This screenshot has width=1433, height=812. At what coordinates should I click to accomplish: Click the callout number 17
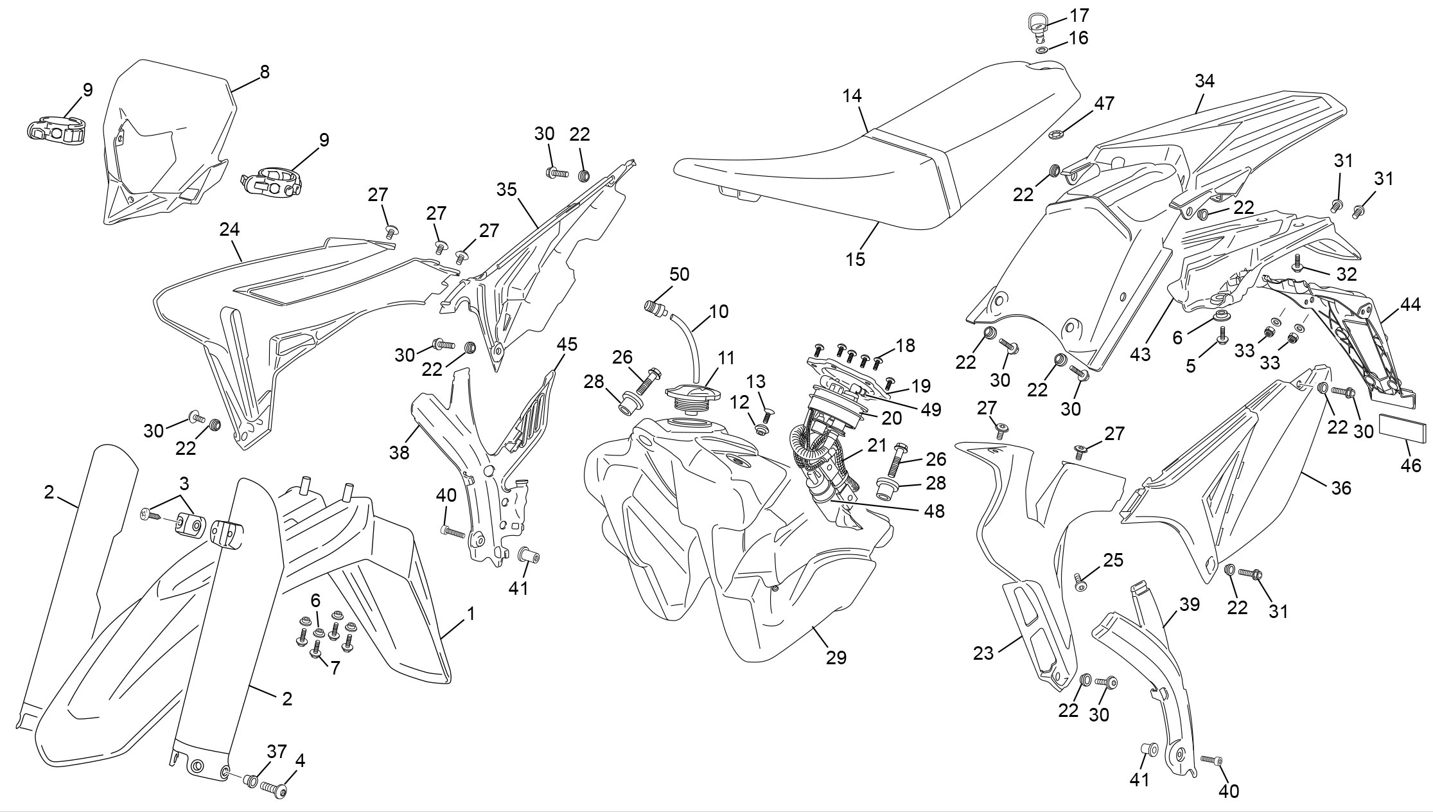tap(1080, 15)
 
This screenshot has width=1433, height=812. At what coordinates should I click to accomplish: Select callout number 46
tap(1411, 464)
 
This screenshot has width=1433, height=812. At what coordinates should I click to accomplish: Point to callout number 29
tap(837, 657)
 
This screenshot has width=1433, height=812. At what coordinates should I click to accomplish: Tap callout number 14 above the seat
tap(853, 96)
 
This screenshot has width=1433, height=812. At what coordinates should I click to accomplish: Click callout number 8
tap(265, 72)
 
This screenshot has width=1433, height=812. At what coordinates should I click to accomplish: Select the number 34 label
tap(1205, 81)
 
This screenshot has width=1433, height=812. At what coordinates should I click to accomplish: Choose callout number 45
tap(567, 344)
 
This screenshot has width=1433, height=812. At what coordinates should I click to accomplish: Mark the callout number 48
tap(935, 511)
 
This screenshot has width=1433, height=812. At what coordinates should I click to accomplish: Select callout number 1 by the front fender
tap(471, 613)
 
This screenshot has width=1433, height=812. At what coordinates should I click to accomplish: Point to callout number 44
tap(1411, 306)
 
